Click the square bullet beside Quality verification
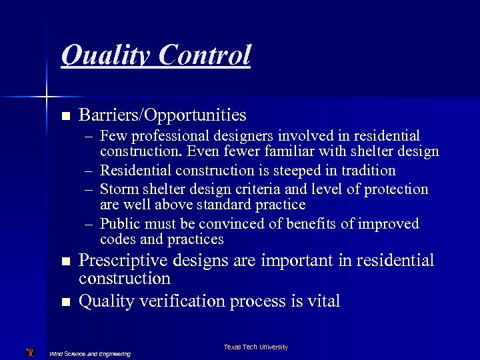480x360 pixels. [65, 303]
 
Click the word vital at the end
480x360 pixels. [322, 301]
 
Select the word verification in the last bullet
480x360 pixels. [183, 301]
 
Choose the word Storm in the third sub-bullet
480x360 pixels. [119, 189]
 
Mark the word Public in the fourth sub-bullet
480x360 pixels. [120, 223]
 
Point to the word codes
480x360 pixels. [115, 239]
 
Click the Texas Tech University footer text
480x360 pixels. [255, 347]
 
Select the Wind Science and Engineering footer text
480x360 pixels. [90, 353]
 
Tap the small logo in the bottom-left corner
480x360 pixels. [29, 352]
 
